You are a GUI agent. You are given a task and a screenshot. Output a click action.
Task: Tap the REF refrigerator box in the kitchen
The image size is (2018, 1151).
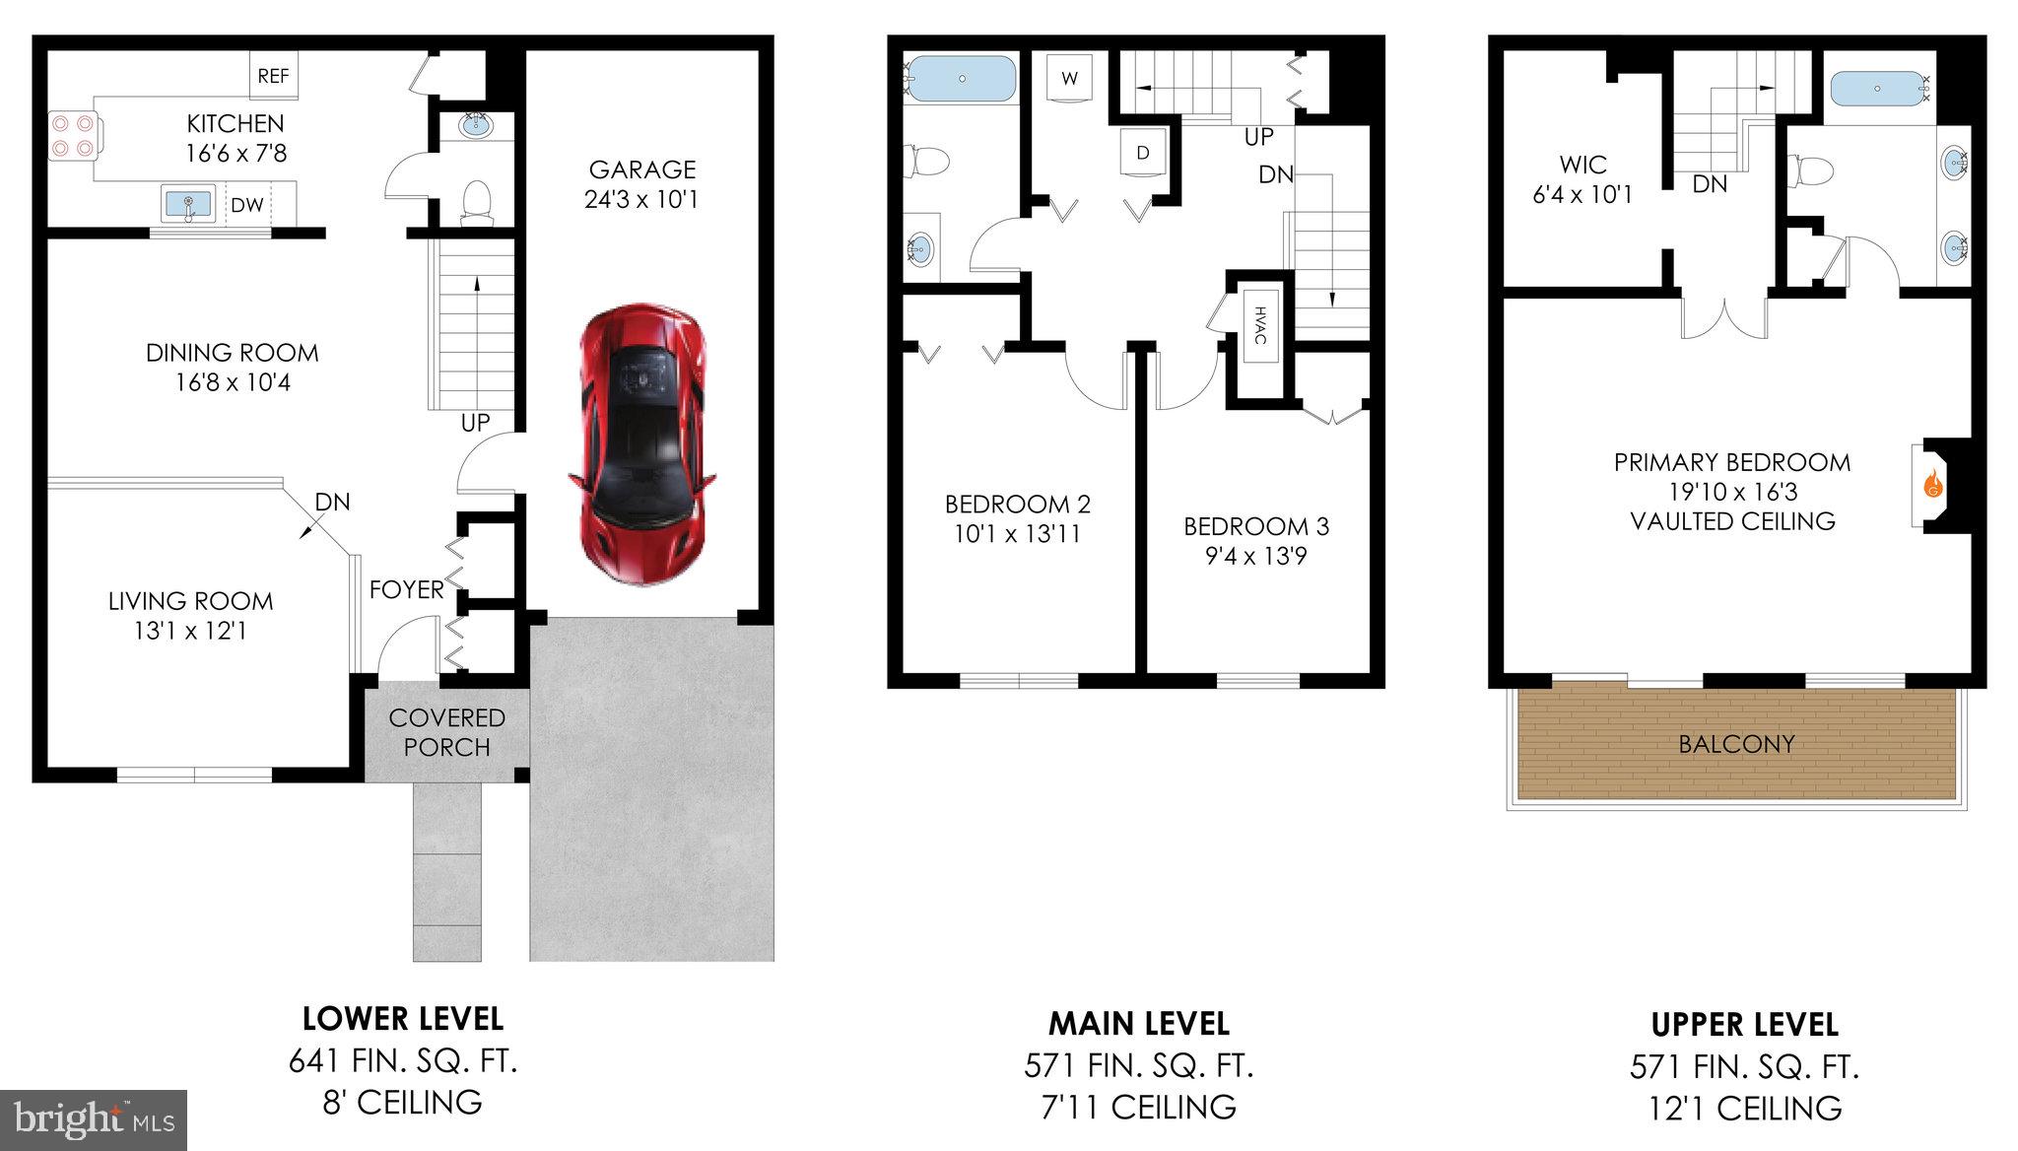[x=273, y=76]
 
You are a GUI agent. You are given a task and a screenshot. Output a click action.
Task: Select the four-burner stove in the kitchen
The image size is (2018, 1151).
[x=74, y=136]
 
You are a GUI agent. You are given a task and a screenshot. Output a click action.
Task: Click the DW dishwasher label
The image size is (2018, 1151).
[x=247, y=205]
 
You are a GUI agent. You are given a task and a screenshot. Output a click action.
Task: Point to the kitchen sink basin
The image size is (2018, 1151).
[x=187, y=205]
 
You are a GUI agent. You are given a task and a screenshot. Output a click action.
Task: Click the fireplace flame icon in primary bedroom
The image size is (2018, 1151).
[x=1932, y=486]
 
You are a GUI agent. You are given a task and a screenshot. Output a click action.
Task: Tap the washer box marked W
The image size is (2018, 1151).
[x=1069, y=77]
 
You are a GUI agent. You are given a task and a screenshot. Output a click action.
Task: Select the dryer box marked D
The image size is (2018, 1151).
[x=1143, y=153]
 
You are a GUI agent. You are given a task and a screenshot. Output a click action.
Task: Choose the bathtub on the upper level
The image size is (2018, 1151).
[x=1877, y=89]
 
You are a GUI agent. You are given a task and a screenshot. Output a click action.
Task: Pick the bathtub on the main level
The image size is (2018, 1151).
[x=961, y=79]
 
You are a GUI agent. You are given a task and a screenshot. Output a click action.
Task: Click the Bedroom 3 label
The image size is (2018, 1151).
[x=1256, y=527]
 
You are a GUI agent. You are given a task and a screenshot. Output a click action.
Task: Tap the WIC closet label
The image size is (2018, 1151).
[x=1582, y=165]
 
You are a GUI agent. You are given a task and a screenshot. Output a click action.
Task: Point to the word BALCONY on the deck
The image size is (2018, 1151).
[x=1736, y=744]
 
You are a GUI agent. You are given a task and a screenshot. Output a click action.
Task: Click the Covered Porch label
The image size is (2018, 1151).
[x=446, y=732]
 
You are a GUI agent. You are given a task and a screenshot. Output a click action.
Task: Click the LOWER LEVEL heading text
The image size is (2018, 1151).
[x=402, y=1018]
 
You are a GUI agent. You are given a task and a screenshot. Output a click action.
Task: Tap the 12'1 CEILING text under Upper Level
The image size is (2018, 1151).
[x=1744, y=1109]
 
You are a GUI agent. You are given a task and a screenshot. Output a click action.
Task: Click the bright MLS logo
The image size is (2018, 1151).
[x=94, y=1119]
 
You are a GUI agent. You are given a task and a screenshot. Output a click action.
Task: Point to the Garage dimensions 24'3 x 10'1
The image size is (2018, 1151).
[x=640, y=200]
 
